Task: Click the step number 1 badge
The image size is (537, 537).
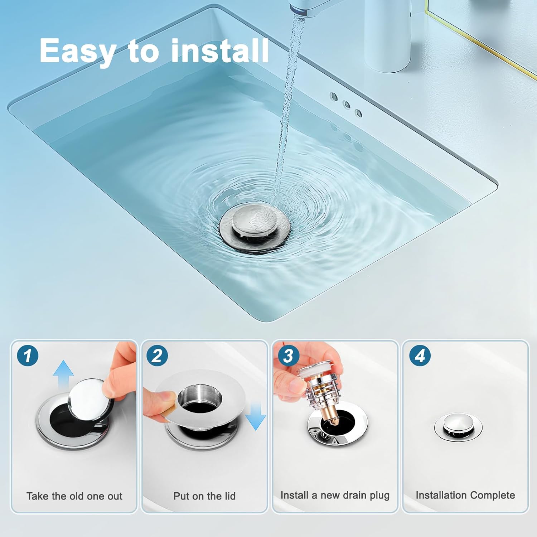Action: (x=28, y=356)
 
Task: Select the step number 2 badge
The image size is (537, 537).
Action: (x=157, y=356)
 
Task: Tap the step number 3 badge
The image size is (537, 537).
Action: (x=288, y=356)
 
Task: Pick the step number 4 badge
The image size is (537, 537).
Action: (x=420, y=356)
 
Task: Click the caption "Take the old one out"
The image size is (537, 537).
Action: (x=74, y=496)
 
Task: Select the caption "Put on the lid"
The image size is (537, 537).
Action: (x=204, y=496)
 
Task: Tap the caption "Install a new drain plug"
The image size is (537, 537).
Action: (x=335, y=495)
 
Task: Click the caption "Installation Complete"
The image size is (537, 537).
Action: (x=465, y=495)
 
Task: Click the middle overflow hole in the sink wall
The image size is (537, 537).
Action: (x=346, y=105)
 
